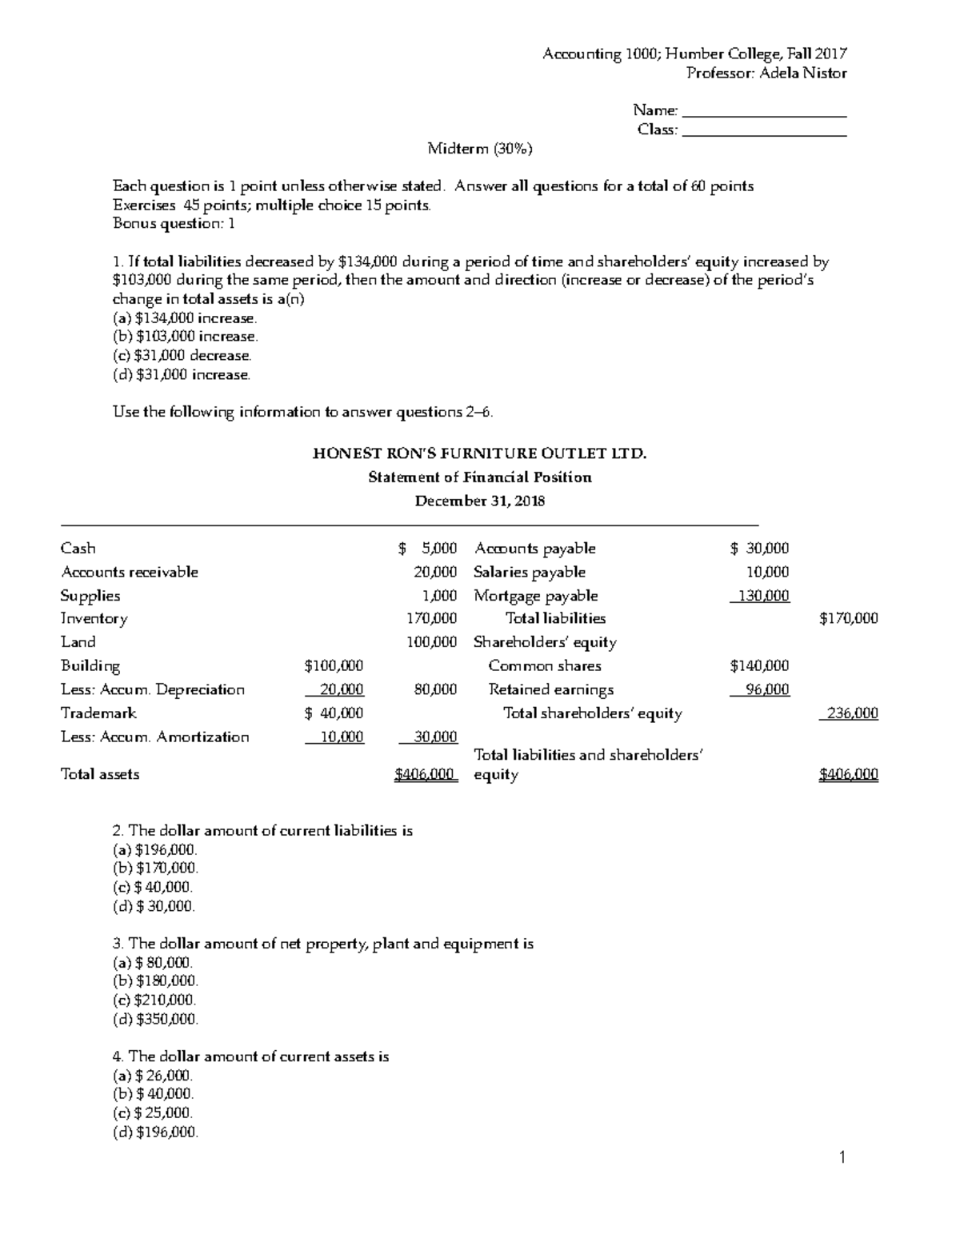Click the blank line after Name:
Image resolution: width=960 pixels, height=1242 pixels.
pyautogui.click(x=764, y=112)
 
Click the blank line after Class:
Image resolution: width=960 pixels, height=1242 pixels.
pyautogui.click(x=764, y=131)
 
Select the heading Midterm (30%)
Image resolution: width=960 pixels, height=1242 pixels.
pyautogui.click(x=479, y=149)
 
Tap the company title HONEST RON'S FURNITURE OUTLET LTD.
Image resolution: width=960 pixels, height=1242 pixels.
pyautogui.click(x=479, y=453)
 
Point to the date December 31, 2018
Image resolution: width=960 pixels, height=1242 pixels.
pyautogui.click(x=479, y=501)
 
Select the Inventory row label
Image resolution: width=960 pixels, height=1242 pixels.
pyautogui.click(x=94, y=619)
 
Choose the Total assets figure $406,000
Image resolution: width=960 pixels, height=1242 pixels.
pyautogui.click(x=426, y=774)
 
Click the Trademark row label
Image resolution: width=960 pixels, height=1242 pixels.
pyautogui.click(x=98, y=713)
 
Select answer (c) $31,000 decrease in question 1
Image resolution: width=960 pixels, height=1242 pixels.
pyautogui.click(x=182, y=356)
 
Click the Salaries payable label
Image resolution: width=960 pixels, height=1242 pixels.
pyautogui.click(x=529, y=573)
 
